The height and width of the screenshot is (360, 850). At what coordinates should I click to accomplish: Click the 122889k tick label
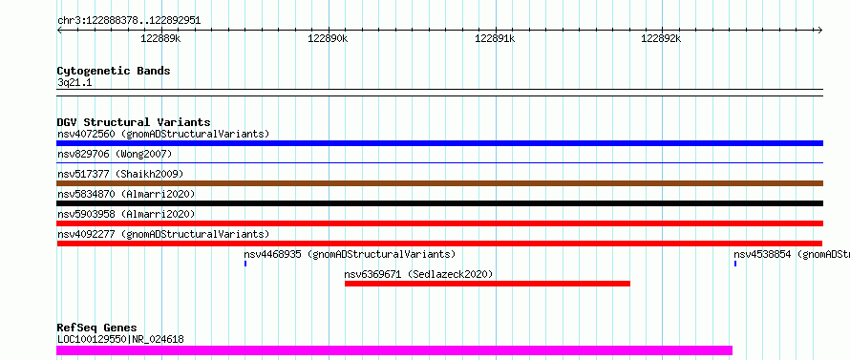click(160, 38)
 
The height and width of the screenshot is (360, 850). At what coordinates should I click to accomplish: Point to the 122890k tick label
click(328, 38)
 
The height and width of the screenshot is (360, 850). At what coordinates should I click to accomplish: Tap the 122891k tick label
click(495, 38)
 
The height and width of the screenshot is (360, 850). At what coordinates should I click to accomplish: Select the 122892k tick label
click(661, 38)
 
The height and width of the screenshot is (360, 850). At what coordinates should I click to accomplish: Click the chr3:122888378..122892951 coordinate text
click(129, 21)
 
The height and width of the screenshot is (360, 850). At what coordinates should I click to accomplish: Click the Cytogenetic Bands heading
click(114, 71)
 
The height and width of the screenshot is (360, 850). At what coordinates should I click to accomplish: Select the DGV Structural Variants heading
click(134, 122)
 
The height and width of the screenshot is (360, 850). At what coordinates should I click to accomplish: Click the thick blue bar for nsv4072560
click(439, 143)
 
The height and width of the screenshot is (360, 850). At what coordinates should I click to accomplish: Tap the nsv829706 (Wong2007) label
click(115, 155)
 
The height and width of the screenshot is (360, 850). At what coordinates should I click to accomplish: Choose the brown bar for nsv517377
click(439, 183)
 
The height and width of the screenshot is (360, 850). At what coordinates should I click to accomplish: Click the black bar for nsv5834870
click(439, 203)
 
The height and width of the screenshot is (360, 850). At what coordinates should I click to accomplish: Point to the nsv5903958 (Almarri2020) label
click(126, 214)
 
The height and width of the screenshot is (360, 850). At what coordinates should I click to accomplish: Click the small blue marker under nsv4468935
click(245, 264)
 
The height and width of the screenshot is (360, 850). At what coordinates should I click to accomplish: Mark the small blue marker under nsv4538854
click(735, 264)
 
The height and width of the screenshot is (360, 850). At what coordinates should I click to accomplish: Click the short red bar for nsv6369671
click(487, 284)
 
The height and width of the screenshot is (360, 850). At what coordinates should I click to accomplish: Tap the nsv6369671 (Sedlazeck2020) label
click(418, 274)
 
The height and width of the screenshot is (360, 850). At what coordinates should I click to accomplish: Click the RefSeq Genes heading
click(96, 328)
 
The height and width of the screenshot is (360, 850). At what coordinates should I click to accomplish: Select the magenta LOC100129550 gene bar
click(394, 350)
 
